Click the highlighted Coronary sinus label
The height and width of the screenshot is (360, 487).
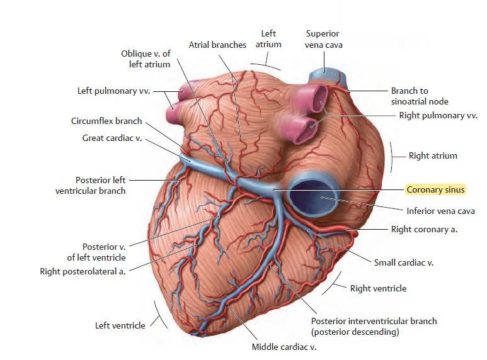435,189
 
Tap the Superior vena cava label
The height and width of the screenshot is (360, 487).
323,39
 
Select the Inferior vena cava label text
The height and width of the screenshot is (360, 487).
441,211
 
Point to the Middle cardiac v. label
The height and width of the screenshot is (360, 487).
284,347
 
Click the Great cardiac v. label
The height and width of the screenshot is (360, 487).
112,138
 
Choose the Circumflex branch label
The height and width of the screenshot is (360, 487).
106,121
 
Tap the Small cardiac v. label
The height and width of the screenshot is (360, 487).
403,262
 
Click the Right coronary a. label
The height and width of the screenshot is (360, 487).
424,229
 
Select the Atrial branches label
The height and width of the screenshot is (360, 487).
217,45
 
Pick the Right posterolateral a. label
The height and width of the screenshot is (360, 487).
83,271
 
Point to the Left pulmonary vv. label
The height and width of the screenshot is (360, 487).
113,91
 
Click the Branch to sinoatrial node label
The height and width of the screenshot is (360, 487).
420,96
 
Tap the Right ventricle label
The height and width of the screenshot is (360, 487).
378,288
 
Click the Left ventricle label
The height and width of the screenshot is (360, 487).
120,325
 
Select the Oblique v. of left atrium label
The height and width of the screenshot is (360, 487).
146,59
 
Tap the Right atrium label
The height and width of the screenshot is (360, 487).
433,155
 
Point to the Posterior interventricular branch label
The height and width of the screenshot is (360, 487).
374,326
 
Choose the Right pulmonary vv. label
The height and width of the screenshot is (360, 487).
438,115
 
